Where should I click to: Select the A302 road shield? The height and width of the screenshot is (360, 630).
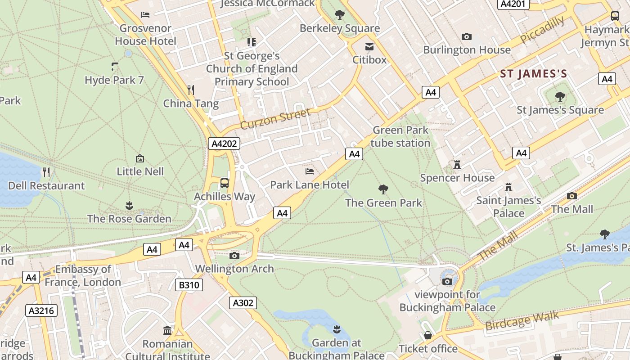243,303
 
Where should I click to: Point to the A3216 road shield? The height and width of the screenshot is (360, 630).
41,310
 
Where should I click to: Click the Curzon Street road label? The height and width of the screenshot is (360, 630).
275,118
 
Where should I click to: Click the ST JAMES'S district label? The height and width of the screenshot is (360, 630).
533,74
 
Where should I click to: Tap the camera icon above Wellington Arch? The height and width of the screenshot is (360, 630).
234,256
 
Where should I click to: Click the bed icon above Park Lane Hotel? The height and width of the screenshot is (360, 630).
310,171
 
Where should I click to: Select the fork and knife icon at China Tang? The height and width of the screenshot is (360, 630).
191,90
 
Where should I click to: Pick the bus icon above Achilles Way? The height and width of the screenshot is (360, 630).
224,183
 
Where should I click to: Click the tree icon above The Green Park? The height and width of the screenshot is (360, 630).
383,189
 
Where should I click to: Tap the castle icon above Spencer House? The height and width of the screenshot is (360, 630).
457,165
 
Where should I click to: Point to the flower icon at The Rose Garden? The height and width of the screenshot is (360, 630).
129,206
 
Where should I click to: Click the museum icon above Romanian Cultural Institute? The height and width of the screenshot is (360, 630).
167,331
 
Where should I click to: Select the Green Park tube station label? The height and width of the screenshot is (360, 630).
400,136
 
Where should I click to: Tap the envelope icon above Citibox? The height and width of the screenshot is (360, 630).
369,46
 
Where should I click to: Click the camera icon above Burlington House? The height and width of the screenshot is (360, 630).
467,36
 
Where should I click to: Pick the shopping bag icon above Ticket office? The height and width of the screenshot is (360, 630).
427,335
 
